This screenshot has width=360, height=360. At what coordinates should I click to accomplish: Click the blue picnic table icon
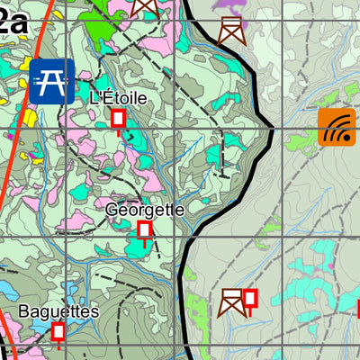(51, 81)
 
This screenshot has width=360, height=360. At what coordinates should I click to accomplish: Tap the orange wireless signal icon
(335, 127)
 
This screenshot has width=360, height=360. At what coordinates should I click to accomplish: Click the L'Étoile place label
(118, 97)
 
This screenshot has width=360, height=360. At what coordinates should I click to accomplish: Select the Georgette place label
(145, 210)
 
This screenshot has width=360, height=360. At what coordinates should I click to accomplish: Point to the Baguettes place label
(58, 311)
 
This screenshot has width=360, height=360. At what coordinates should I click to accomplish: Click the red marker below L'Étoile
(118, 120)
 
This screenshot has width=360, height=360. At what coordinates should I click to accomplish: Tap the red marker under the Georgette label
(144, 232)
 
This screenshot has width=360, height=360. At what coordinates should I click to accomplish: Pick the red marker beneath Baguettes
(58, 333)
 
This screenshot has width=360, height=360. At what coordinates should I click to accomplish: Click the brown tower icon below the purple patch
(231, 30)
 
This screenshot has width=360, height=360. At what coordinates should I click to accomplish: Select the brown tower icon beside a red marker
(231, 302)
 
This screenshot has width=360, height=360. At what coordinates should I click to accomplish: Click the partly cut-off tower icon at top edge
(145, 7)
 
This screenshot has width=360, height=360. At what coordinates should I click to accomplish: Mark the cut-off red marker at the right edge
(357, 309)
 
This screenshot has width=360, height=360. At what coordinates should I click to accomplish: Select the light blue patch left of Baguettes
(9, 290)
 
